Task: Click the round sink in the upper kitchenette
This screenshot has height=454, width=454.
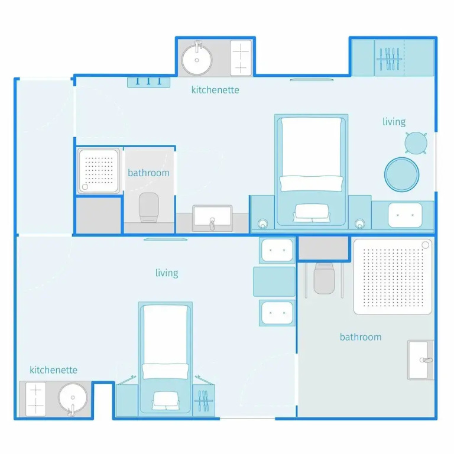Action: point(197,60)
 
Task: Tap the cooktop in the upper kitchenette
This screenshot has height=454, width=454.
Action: point(241,58)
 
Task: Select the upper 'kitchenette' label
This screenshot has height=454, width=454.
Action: point(215,90)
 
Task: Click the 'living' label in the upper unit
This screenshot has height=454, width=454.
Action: point(394,122)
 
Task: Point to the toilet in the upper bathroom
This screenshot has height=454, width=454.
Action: point(149,207)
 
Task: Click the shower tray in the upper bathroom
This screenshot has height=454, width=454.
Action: point(99,171)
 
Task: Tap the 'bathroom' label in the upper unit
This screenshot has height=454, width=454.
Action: point(148,173)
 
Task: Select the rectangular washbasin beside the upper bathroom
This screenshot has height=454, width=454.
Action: point(212,218)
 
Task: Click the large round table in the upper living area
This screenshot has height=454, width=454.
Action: point(401,174)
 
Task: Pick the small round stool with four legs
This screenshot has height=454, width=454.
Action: point(416,143)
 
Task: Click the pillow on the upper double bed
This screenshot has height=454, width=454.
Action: point(312,184)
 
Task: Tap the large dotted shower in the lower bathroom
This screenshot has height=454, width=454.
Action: point(393,277)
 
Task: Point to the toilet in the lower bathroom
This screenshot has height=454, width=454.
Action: point(324,278)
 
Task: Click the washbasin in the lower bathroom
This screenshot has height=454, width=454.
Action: point(420,360)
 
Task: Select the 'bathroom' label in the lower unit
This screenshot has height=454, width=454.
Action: point(361,337)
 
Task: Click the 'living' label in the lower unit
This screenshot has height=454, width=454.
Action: point(167,273)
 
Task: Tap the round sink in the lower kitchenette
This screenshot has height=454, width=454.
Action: point(72,398)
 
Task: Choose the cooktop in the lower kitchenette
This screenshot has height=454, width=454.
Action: point(35,399)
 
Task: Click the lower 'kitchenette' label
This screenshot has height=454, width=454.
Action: point(53,370)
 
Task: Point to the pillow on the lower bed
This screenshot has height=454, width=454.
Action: point(166,371)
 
